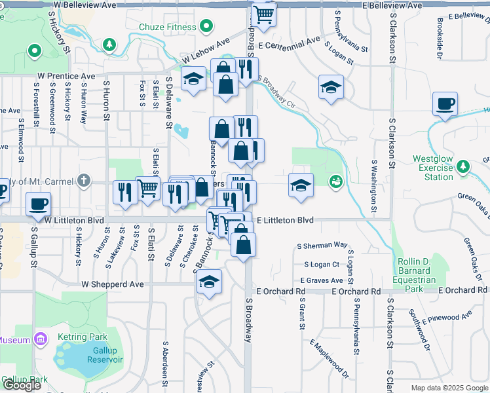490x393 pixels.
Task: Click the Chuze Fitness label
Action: point(168,27)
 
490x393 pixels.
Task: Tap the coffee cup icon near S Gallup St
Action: point(38,203)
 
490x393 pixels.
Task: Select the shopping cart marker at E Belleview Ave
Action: point(263,14)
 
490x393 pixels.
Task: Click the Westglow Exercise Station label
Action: point(434,168)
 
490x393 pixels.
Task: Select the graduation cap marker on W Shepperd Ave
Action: point(209,282)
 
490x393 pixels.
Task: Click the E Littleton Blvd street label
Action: point(285,221)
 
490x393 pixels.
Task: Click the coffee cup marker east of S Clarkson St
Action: point(445,103)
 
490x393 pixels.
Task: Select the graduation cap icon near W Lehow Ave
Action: point(193,80)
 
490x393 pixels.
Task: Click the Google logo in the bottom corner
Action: point(22,385)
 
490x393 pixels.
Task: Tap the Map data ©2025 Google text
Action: point(449,388)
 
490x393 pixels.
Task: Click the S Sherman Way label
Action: point(322,245)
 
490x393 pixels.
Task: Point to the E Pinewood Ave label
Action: point(447,318)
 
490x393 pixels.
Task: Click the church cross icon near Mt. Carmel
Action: point(83,179)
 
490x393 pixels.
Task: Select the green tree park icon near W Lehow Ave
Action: point(109,45)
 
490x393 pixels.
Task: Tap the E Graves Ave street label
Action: point(323,280)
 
